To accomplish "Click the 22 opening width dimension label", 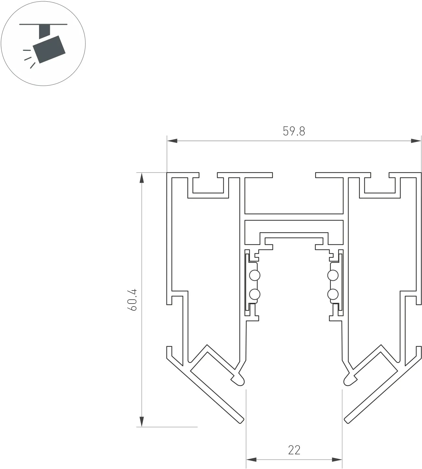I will [294, 450].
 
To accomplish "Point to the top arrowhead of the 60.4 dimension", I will [142, 178].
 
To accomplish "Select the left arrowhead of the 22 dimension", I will [251, 460].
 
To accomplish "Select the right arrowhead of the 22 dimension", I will [337, 460].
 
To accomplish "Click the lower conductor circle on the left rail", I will [255, 295].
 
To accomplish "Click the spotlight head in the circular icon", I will [51, 49].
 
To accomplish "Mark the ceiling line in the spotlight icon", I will [43, 24].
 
